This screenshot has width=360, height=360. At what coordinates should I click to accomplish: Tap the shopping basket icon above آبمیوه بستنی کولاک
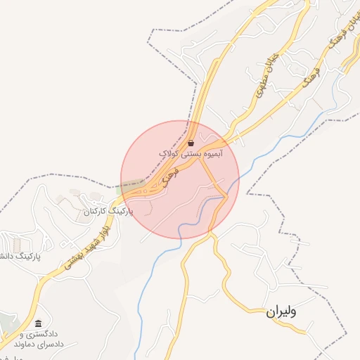coord(191,143)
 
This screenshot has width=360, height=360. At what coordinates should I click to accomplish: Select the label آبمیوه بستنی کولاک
coord(191,153)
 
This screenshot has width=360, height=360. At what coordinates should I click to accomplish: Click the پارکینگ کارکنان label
coord(108,210)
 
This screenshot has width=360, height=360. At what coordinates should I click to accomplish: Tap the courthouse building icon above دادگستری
coord(38,321)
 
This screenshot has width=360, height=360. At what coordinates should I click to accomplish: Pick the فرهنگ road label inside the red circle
coord(167,181)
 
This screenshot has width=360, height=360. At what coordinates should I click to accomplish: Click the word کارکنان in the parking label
coord(97,210)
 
